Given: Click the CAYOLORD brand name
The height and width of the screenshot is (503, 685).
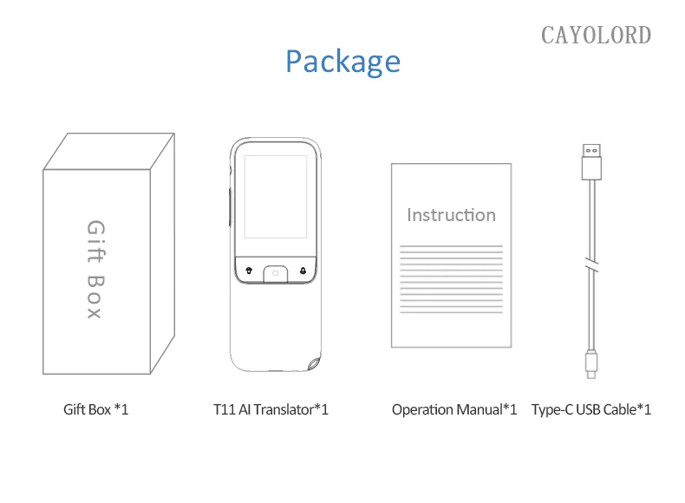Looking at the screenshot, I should [x=596, y=35].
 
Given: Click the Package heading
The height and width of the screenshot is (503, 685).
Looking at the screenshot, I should [x=342, y=62].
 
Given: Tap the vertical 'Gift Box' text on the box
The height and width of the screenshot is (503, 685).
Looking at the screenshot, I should [x=95, y=270].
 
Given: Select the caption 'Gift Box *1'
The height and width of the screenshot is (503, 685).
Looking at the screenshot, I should [x=95, y=408].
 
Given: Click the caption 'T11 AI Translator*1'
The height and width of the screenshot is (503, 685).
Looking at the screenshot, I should [x=271, y=408].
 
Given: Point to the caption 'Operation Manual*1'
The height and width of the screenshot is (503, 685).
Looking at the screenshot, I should [x=453, y=408].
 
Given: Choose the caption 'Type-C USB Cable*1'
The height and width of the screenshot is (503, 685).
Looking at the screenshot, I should [x=590, y=408].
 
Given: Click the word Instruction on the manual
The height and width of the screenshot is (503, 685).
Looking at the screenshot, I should [x=451, y=214].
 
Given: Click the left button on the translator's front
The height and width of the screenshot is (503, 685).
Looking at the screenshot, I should [x=248, y=270].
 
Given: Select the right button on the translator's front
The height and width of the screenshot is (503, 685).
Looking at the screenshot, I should [x=303, y=270].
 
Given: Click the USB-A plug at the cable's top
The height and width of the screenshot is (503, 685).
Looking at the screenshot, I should [x=590, y=160].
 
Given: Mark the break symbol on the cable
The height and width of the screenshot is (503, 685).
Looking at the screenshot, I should [x=590, y=265].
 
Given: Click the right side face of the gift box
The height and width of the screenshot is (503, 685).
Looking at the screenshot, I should [x=162, y=251].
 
